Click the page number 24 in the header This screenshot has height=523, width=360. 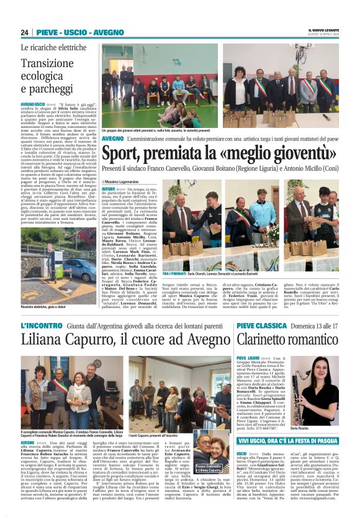(25, 32)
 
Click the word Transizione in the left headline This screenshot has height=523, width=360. (47, 63)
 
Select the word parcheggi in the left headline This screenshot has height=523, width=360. (45, 89)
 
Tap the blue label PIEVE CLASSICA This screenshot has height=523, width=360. (261, 325)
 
